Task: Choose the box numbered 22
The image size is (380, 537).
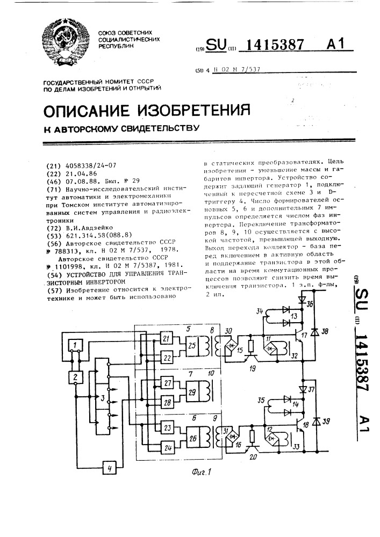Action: pos(167,358)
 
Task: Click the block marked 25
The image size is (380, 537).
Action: pos(192,346)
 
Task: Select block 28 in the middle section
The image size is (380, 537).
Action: pos(167,403)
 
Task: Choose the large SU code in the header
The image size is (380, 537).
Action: pos(214,46)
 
